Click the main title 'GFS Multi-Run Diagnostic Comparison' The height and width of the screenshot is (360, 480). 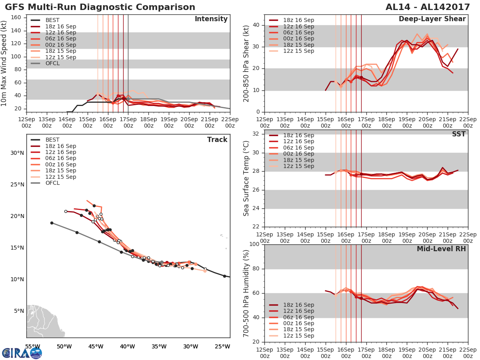(100, 7)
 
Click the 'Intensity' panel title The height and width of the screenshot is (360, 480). (211, 19)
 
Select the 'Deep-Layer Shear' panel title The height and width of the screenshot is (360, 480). (432, 19)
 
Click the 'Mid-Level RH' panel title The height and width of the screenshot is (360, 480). (441, 249)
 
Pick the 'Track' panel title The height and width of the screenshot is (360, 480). (217, 140)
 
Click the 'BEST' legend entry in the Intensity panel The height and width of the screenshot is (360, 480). (52, 20)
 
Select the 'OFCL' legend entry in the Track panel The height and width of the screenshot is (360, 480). (52, 183)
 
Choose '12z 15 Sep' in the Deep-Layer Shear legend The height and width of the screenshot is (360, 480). (298, 51)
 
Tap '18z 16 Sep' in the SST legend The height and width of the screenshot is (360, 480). (298, 135)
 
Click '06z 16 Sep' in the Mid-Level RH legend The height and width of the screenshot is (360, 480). (298, 317)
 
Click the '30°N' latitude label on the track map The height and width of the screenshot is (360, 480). (17, 153)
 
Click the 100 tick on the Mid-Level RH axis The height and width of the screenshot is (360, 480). (254, 244)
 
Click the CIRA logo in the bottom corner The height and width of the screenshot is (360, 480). (22, 353)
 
